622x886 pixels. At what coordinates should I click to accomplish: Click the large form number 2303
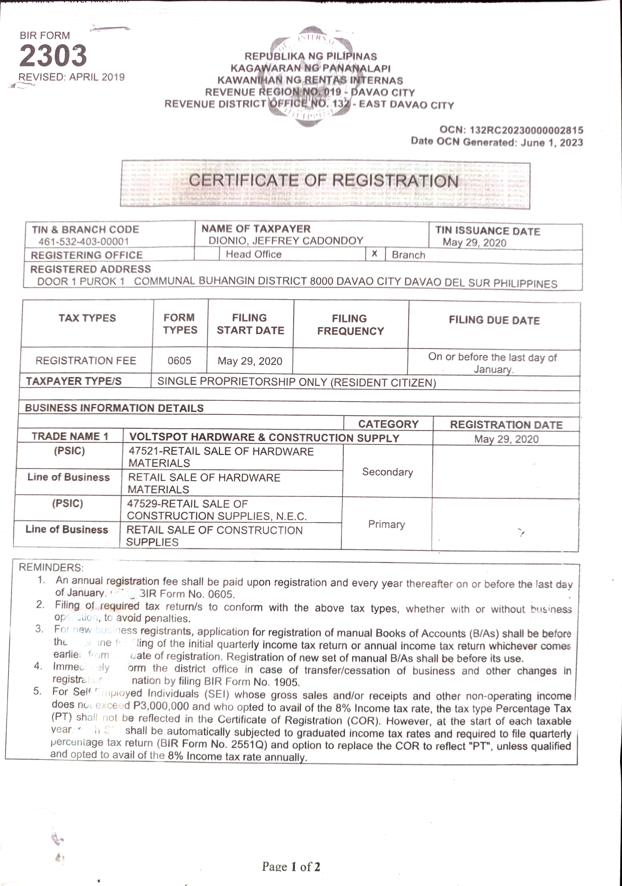pos(53,56)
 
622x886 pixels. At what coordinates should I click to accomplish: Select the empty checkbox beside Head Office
pos(207,254)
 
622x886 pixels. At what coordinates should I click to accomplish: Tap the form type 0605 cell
pos(180,361)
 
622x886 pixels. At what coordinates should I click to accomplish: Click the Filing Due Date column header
pos(494,320)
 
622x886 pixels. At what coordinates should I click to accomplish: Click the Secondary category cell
pos(388,472)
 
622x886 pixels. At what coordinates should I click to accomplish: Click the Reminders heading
pos(51,567)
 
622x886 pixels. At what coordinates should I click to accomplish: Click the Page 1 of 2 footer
pos(291,867)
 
